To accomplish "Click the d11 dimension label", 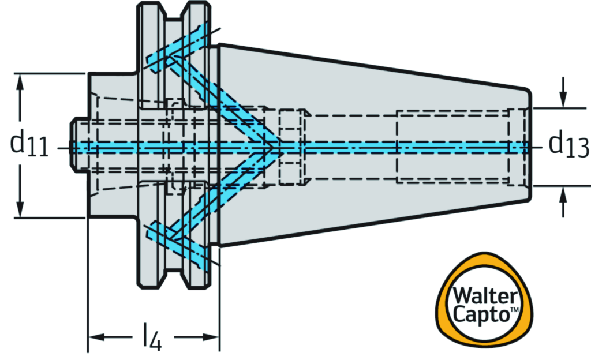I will pos(29,144).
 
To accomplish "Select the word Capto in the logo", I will pos(478,315).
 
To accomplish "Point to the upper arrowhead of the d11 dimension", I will pos(21,81).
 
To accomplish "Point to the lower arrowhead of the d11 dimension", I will pos(21,211).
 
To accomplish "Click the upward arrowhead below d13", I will pos(563,193).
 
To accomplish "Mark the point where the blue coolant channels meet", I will pos(271,147).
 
